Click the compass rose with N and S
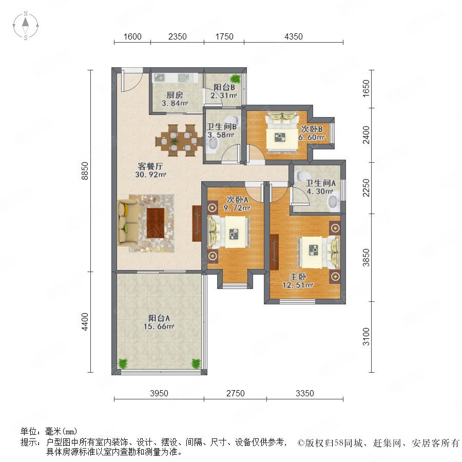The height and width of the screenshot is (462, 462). [26, 26]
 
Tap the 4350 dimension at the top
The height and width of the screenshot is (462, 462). [294, 36]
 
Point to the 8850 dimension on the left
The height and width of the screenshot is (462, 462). [85, 171]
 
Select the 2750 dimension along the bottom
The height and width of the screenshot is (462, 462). [236, 393]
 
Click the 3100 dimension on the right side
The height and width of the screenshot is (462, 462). [366, 337]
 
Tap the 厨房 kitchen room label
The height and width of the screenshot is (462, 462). [175, 95]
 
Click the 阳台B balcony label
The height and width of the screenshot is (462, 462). [224, 87]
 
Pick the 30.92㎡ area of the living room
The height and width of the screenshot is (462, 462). [150, 175]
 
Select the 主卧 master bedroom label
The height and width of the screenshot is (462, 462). [298, 277]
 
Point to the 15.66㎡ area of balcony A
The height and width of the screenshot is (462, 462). [159, 326]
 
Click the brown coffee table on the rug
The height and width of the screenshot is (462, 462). [156, 223]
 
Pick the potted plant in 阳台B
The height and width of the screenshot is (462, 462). [236, 79]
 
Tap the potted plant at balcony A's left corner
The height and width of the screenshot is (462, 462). [123, 363]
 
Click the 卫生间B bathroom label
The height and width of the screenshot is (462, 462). [222, 127]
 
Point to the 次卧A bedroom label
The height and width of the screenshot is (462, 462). [237, 200]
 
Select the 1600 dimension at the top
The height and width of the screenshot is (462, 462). [132, 36]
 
